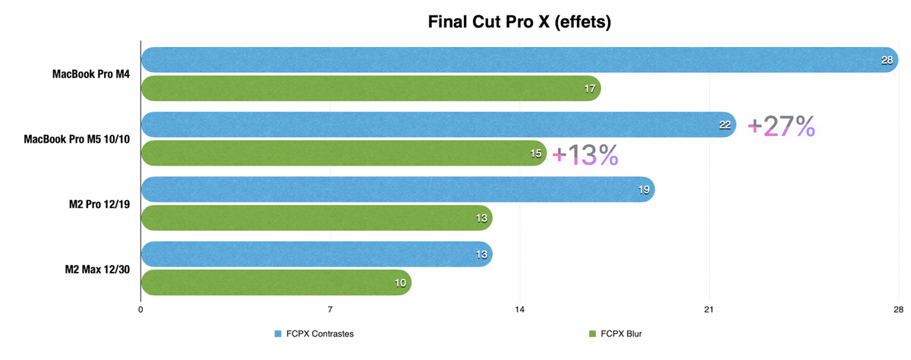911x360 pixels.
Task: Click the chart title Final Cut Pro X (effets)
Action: (519, 22)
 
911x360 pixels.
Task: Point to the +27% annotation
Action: (781, 126)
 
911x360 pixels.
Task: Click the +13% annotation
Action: (585, 155)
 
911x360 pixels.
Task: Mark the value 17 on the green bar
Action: (590, 89)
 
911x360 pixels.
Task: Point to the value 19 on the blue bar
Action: (644, 190)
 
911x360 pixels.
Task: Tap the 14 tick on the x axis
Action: (519, 310)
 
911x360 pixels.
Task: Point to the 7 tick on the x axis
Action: (330, 310)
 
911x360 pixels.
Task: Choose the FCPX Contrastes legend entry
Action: (314, 333)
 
